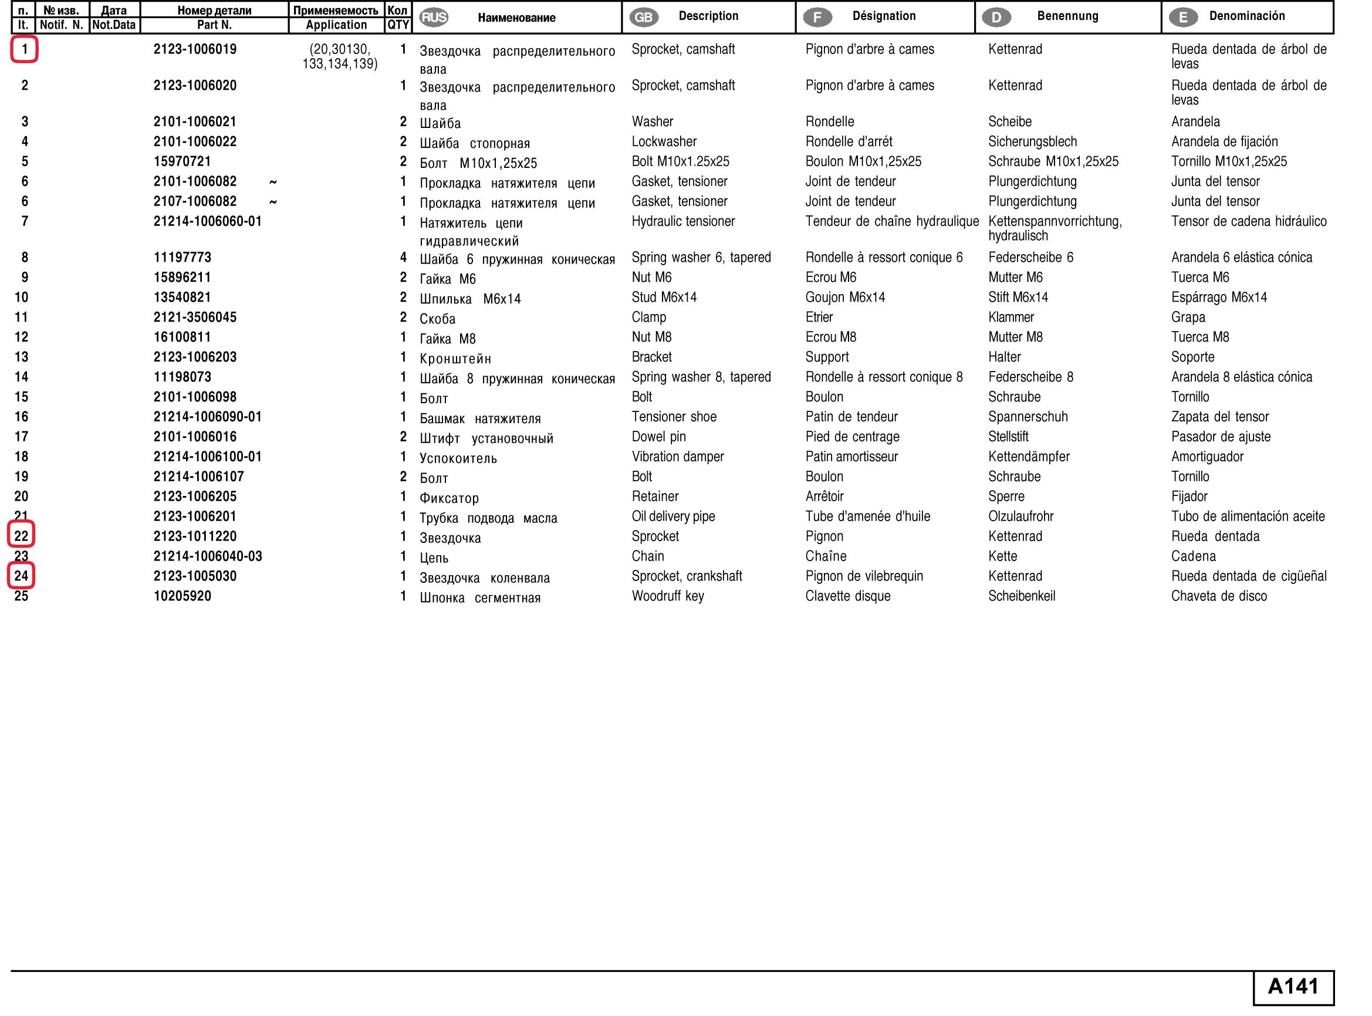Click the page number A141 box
(1293, 987)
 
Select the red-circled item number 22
(22, 536)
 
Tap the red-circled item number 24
(22, 576)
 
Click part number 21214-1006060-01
(207, 221)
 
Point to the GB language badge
(643, 17)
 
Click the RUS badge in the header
(434, 17)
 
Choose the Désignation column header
(884, 16)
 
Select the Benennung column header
(1067, 16)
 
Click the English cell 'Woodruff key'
(667, 596)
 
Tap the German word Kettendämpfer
(1028, 456)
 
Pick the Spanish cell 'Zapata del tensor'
(1219, 417)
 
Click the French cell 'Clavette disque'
(847, 596)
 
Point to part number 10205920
(182, 596)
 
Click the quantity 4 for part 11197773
(403, 257)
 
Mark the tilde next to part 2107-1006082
(273, 202)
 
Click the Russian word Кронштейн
(455, 359)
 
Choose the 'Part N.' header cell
(214, 25)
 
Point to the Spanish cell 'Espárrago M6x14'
(1218, 298)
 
